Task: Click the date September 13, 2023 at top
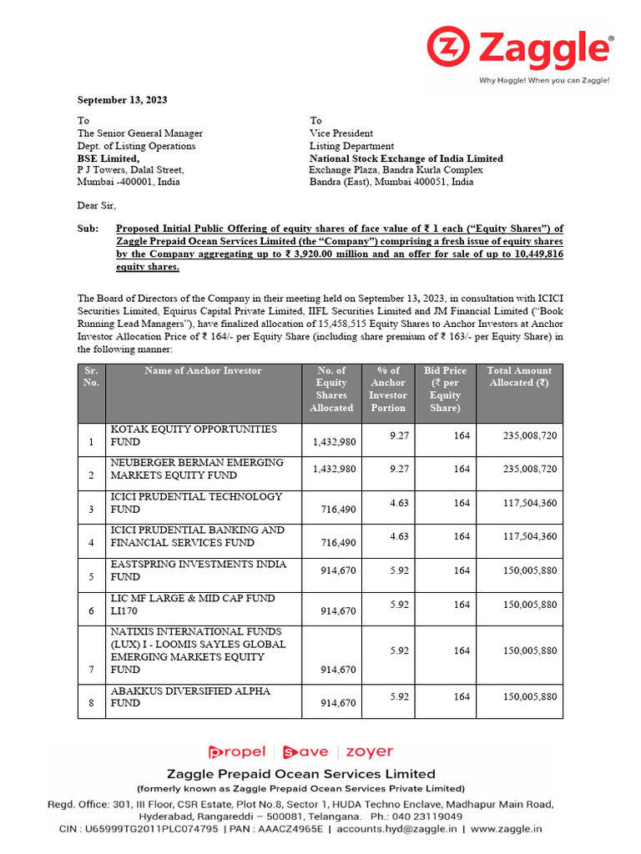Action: pyautogui.click(x=122, y=100)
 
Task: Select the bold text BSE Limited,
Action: pyautogui.click(x=109, y=158)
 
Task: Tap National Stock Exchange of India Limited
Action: pyautogui.click(x=406, y=158)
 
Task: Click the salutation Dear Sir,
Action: pyautogui.click(x=97, y=205)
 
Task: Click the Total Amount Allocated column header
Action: pyautogui.click(x=519, y=377)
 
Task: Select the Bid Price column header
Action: pyautogui.click(x=445, y=389)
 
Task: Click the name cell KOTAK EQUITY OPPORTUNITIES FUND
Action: pyautogui.click(x=194, y=435)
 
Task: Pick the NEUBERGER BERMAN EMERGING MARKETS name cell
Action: pyautogui.click(x=197, y=469)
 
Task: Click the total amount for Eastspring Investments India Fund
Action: pyautogui.click(x=530, y=571)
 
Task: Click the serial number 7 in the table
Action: pyautogui.click(x=91, y=670)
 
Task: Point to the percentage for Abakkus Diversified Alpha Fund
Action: pyautogui.click(x=399, y=696)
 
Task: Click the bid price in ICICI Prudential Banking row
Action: pyautogui.click(x=462, y=537)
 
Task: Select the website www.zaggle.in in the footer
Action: pyautogui.click(x=507, y=829)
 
